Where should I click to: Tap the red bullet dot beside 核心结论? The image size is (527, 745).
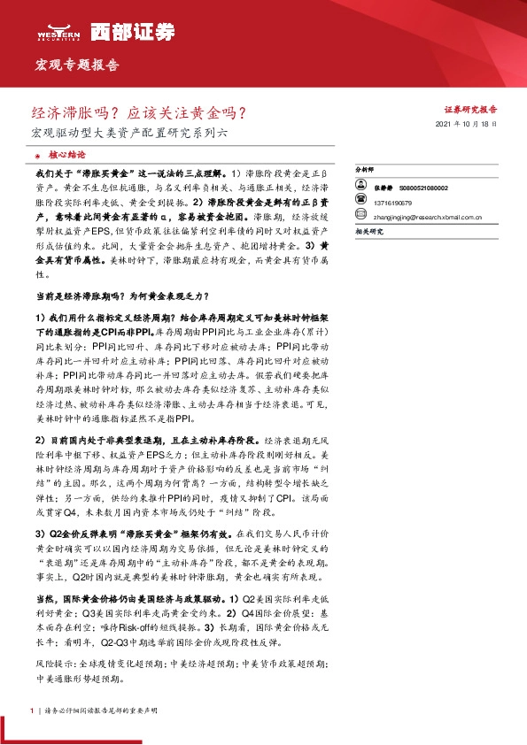39,153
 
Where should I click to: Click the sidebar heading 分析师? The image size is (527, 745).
364,167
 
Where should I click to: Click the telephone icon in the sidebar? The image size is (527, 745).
360,201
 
